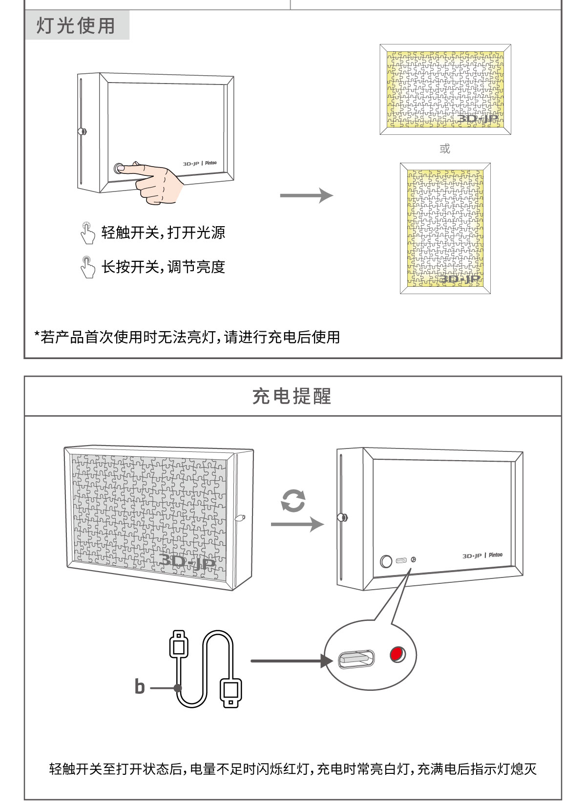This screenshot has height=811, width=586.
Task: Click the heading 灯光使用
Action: click(x=76, y=26)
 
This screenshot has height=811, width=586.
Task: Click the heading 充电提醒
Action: click(x=292, y=396)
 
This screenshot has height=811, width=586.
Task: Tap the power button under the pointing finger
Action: click(x=118, y=169)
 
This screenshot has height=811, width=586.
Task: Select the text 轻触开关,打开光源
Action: click(x=163, y=233)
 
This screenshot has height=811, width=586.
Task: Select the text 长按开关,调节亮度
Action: click(x=163, y=267)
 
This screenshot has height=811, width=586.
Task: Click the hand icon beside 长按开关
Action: click(x=87, y=267)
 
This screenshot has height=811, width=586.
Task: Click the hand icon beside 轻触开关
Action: click(x=87, y=233)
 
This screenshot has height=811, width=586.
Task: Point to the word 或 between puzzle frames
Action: click(x=444, y=149)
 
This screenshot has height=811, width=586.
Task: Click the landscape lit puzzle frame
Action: click(x=445, y=90)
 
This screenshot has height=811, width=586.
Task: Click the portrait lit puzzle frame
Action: click(x=445, y=228)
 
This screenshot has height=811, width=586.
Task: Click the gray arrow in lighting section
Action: click(x=306, y=195)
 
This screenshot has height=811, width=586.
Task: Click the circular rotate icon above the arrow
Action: click(x=293, y=501)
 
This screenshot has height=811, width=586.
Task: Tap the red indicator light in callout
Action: click(x=397, y=654)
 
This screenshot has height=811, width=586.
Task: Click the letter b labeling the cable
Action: click(x=140, y=686)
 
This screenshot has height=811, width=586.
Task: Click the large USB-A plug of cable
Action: click(x=230, y=691)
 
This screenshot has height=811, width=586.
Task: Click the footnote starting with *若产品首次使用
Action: click(x=187, y=337)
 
